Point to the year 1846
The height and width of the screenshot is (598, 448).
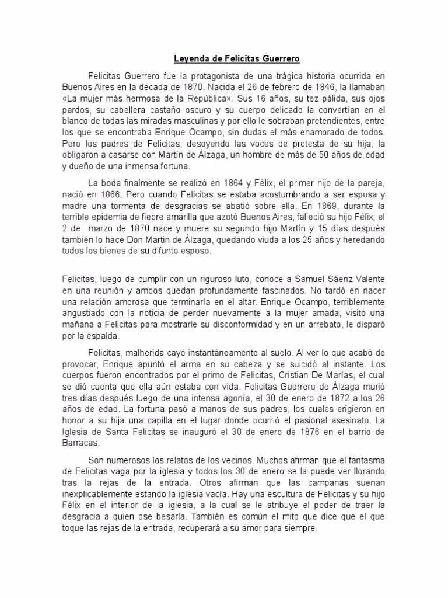pyautogui.click(x=313, y=87)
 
